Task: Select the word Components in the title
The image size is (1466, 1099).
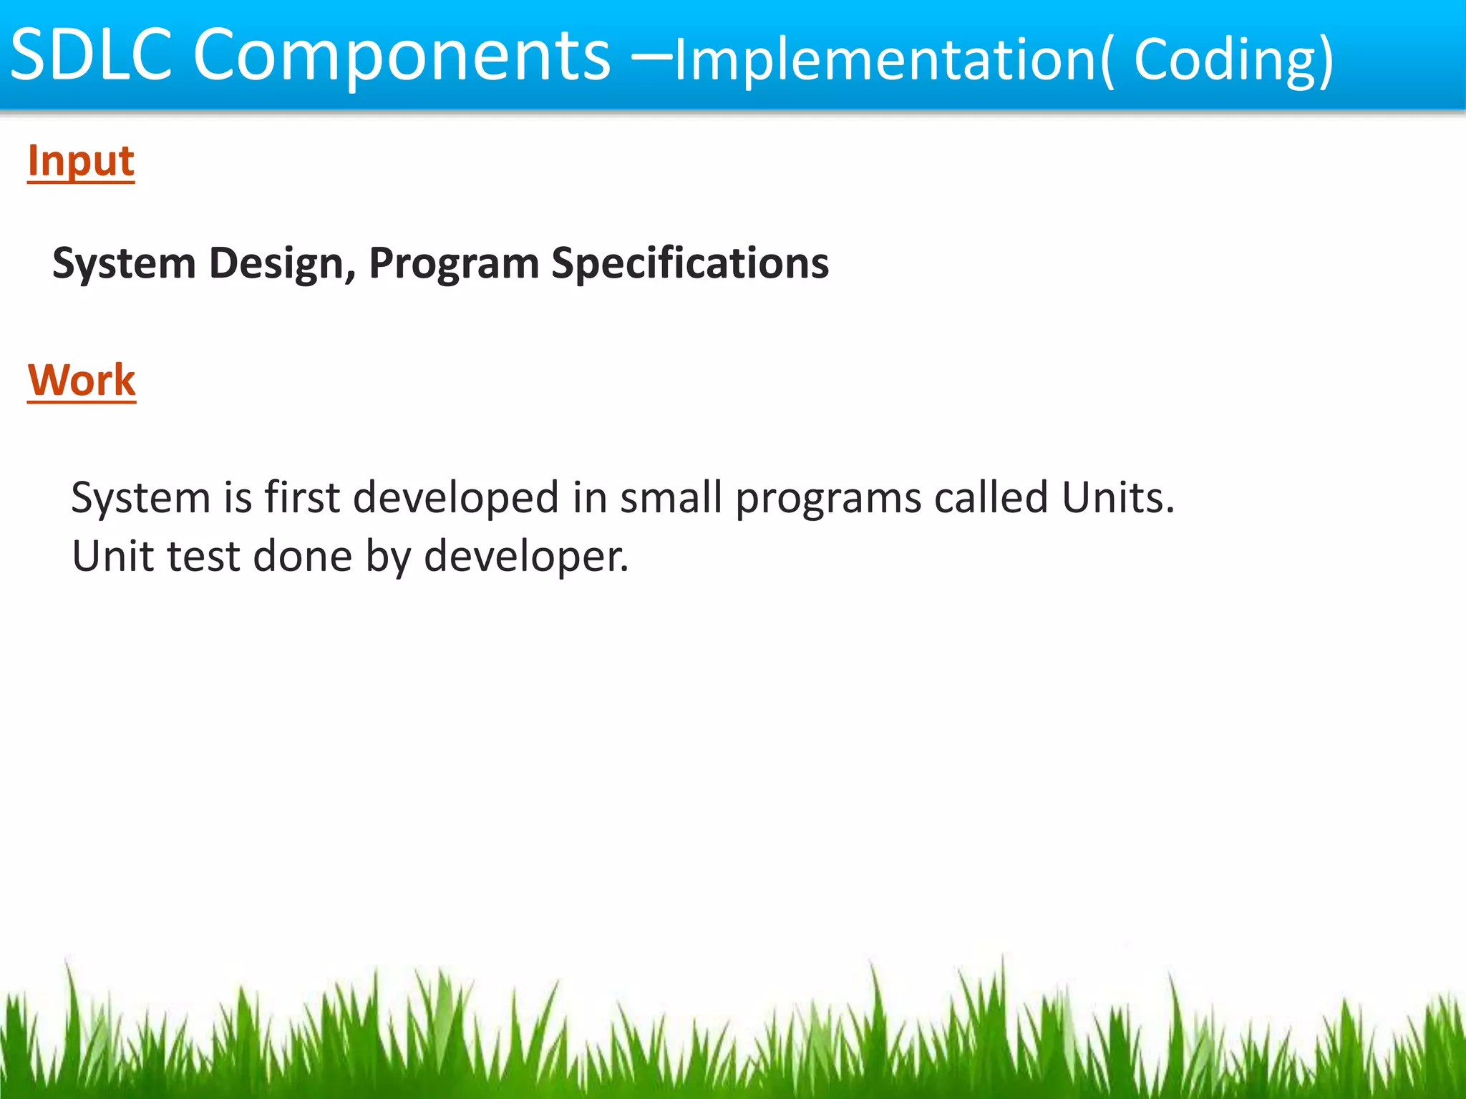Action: [x=402, y=56]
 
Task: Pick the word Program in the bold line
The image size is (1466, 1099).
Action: [x=453, y=263]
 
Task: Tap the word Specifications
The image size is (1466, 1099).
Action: [x=689, y=263]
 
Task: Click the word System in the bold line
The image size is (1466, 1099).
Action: [x=124, y=263]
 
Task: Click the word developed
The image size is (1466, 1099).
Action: [x=456, y=498]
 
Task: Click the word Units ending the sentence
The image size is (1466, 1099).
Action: [x=1117, y=497]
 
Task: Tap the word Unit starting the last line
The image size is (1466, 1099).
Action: [x=112, y=556]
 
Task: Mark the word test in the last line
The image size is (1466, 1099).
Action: [x=203, y=557]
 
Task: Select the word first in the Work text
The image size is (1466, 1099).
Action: [x=301, y=497]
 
